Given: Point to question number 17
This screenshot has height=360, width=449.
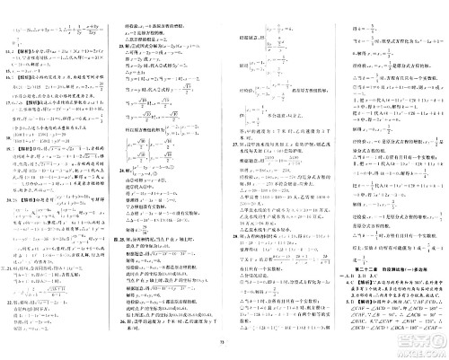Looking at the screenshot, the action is [7, 129].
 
